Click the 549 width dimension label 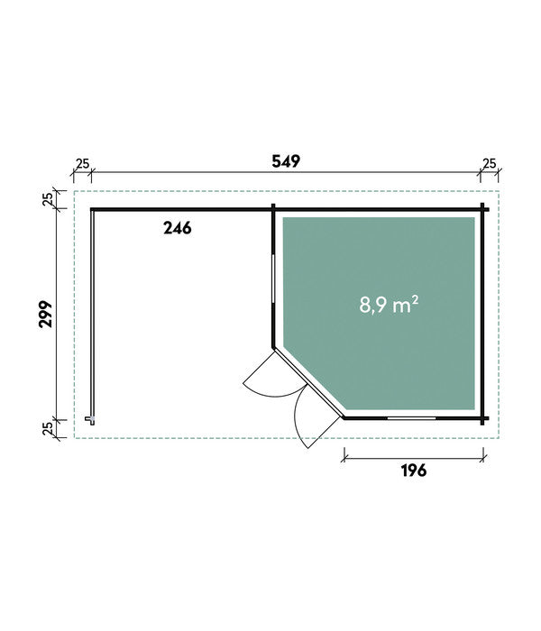click(286, 161)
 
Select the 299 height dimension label click(45, 314)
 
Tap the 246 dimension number click(177, 228)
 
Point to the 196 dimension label click(414, 470)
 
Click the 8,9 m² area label click(389, 305)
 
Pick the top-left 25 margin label click(83, 164)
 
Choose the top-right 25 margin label click(489, 163)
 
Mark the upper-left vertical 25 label click(48, 199)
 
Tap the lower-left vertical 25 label click(48, 428)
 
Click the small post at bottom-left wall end click(92, 420)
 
